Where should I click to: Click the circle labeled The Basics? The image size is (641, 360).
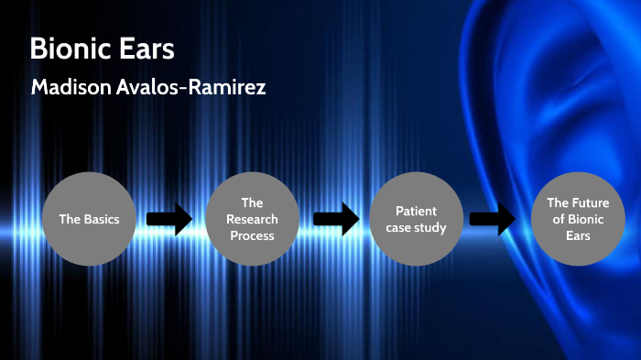(89, 219)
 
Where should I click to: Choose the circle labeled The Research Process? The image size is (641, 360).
(252, 219)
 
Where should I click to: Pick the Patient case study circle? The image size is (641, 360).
(415, 219)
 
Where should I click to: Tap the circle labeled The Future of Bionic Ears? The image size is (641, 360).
(578, 219)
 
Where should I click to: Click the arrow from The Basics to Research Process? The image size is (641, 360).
(170, 219)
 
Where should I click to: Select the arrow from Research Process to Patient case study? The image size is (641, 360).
(335, 219)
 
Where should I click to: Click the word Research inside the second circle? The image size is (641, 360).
(253, 219)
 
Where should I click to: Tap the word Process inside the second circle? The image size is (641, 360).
(253, 235)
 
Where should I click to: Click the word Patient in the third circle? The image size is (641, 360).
(416, 211)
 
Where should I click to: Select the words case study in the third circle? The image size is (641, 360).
(416, 227)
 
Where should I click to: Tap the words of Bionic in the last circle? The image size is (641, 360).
(577, 219)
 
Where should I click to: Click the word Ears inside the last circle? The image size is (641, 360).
(578, 235)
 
